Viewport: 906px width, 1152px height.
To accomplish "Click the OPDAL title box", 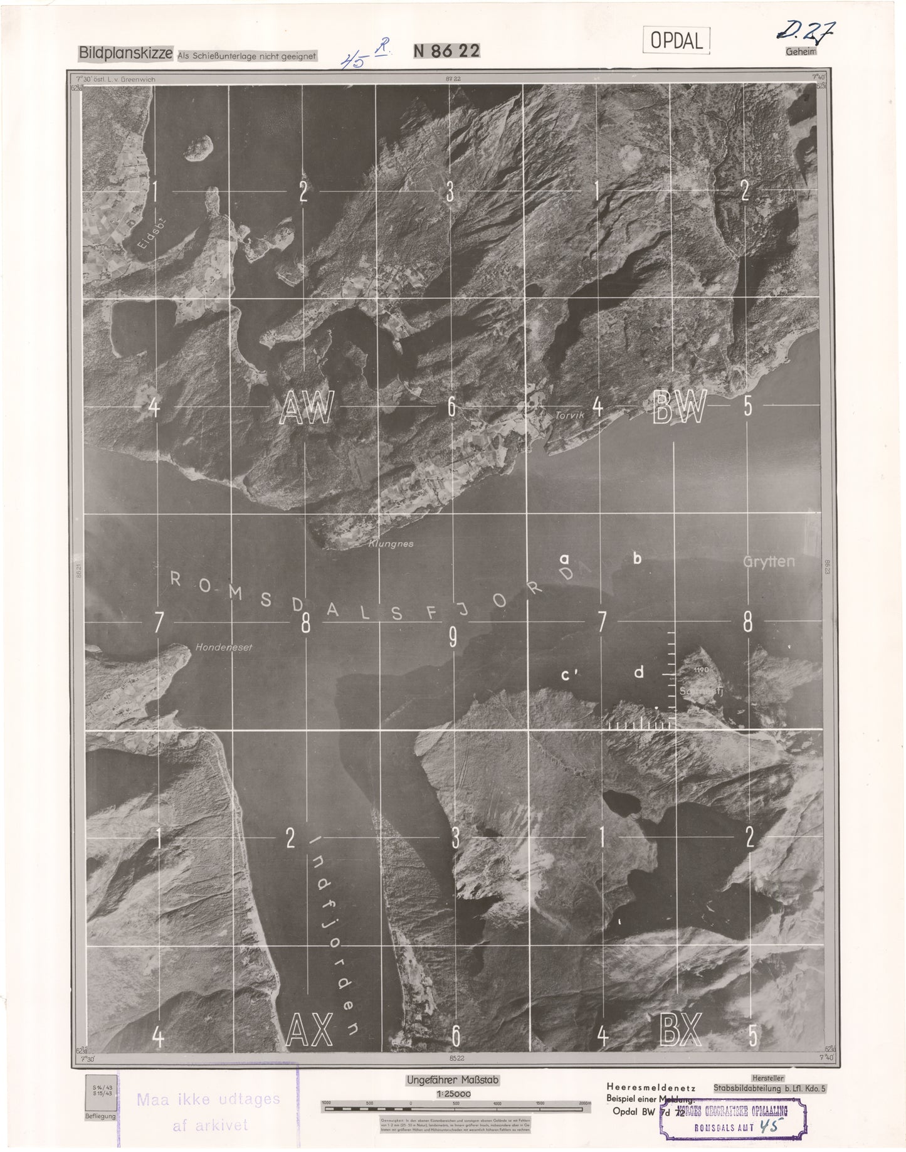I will [676, 40].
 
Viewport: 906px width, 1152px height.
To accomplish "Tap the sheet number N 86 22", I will [446, 52].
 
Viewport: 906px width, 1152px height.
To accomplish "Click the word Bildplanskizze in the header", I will [125, 54].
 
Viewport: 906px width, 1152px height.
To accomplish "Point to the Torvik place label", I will [569, 415].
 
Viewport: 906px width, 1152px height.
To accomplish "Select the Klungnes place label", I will [391, 544].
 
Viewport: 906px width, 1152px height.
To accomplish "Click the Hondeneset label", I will [224, 647].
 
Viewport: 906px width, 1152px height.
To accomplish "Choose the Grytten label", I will [769, 561].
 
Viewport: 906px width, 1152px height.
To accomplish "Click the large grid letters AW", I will [307, 408].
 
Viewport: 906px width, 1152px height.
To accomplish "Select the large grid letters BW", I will [680, 406].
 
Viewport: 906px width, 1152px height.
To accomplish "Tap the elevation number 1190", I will [701, 670].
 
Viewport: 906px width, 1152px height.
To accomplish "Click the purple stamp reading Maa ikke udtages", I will [208, 1099].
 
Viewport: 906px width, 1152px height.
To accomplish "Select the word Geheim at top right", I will [801, 53].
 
